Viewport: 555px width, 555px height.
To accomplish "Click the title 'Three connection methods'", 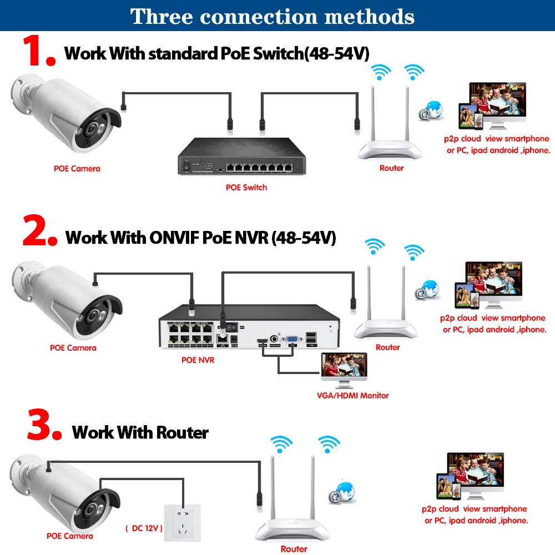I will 273,16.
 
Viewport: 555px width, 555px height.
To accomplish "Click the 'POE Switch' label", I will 246,188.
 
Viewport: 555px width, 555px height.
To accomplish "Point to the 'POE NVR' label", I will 198,360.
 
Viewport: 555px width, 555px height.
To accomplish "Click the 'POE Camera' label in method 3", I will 69,536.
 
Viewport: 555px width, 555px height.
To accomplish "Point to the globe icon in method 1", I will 432,108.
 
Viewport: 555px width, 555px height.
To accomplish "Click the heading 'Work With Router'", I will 140,432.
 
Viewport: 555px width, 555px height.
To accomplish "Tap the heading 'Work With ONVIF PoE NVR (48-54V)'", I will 201,238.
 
